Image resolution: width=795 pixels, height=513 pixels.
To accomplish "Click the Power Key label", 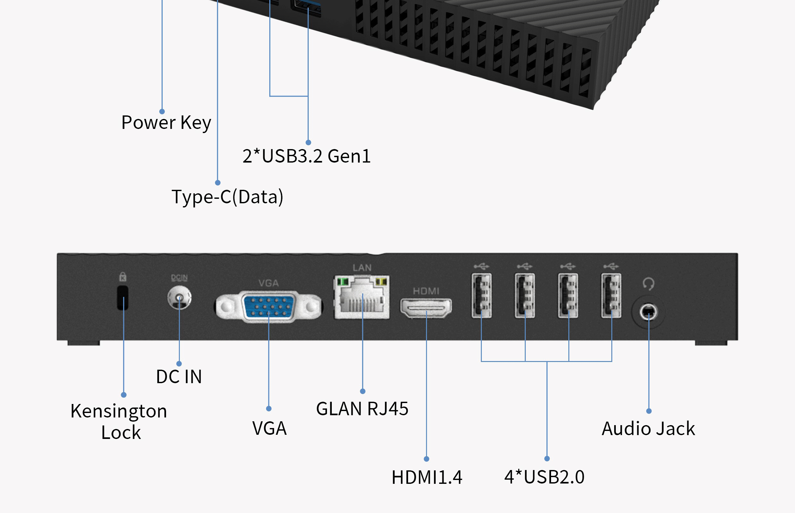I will [166, 122].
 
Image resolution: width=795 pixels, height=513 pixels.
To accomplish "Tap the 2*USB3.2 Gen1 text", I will [306, 156].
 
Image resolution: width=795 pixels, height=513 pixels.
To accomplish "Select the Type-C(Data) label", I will [227, 197].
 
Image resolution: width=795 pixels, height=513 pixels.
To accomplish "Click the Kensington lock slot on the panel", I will [122, 298].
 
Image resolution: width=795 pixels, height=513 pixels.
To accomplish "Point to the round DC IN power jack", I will [179, 298].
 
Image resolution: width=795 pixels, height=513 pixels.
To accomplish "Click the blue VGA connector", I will [268, 307].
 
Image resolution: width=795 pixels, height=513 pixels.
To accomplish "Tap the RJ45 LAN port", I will [362, 297].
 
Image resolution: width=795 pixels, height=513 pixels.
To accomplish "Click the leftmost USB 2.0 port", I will [481, 296].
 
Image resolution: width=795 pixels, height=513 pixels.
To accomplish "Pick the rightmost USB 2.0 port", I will [611, 296].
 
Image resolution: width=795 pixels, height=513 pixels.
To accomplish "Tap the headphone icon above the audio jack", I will [648, 284].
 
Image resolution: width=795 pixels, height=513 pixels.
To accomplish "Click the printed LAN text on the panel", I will [362, 267].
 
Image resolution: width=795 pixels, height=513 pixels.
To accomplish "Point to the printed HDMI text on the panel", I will [426, 291].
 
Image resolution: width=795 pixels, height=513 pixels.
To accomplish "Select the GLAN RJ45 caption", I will [362, 409].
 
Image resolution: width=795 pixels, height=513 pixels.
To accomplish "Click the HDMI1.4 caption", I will [427, 477].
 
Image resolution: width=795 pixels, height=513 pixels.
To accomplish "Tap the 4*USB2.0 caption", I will [544, 477].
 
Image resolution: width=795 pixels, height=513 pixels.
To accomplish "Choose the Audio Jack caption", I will [648, 428].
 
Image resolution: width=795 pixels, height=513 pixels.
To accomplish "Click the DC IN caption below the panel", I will [179, 377].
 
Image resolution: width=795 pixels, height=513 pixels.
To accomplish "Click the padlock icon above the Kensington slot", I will [122, 276].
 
